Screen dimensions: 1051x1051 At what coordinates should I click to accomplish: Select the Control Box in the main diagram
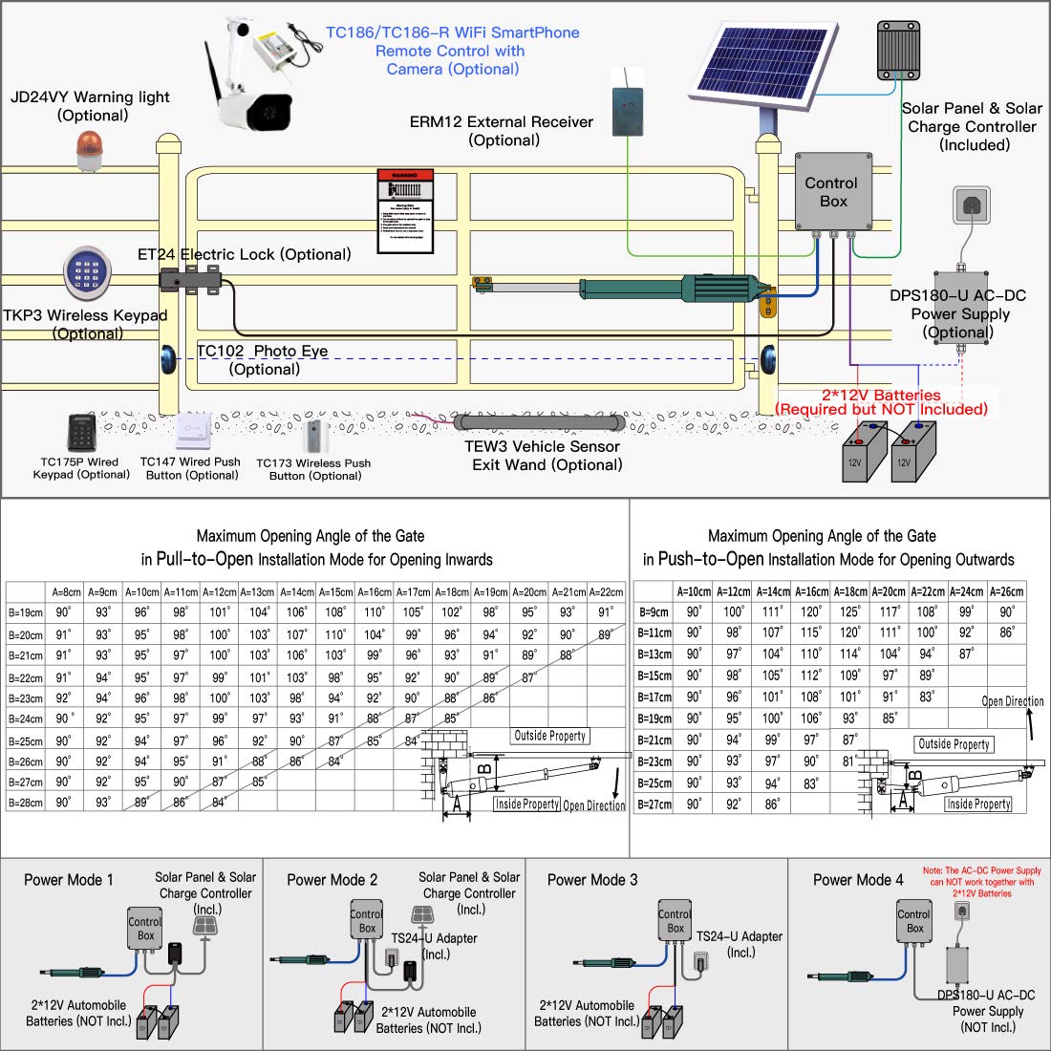pyautogui.click(x=833, y=191)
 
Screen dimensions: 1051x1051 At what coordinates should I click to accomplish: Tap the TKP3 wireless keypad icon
pyautogui.click(x=87, y=272)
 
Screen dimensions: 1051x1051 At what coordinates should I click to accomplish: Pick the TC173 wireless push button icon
pyautogui.click(x=315, y=437)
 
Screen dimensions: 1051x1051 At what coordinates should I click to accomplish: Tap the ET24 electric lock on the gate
pyautogui.click(x=192, y=279)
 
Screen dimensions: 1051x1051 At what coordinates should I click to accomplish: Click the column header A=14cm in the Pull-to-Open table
pyautogui.click(x=297, y=592)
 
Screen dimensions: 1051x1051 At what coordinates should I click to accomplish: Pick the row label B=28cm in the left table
pyautogui.click(x=26, y=804)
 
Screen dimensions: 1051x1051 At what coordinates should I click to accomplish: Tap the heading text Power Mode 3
pyautogui.click(x=592, y=880)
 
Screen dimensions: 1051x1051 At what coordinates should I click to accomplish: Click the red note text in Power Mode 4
pyautogui.click(x=982, y=882)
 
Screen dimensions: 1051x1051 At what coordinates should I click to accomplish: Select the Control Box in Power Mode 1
pyautogui.click(x=145, y=929)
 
